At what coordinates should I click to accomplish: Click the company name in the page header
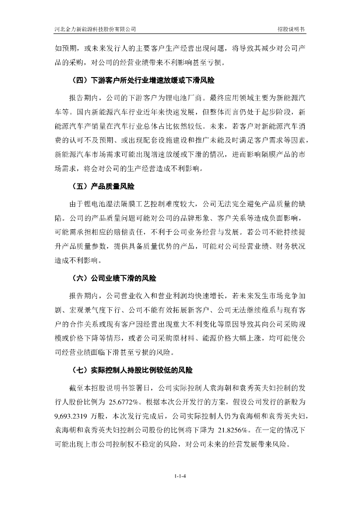click(95, 29)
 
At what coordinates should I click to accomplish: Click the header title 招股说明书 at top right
click(291, 29)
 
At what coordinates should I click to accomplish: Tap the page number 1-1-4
click(180, 477)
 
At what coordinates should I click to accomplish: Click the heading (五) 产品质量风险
click(103, 188)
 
